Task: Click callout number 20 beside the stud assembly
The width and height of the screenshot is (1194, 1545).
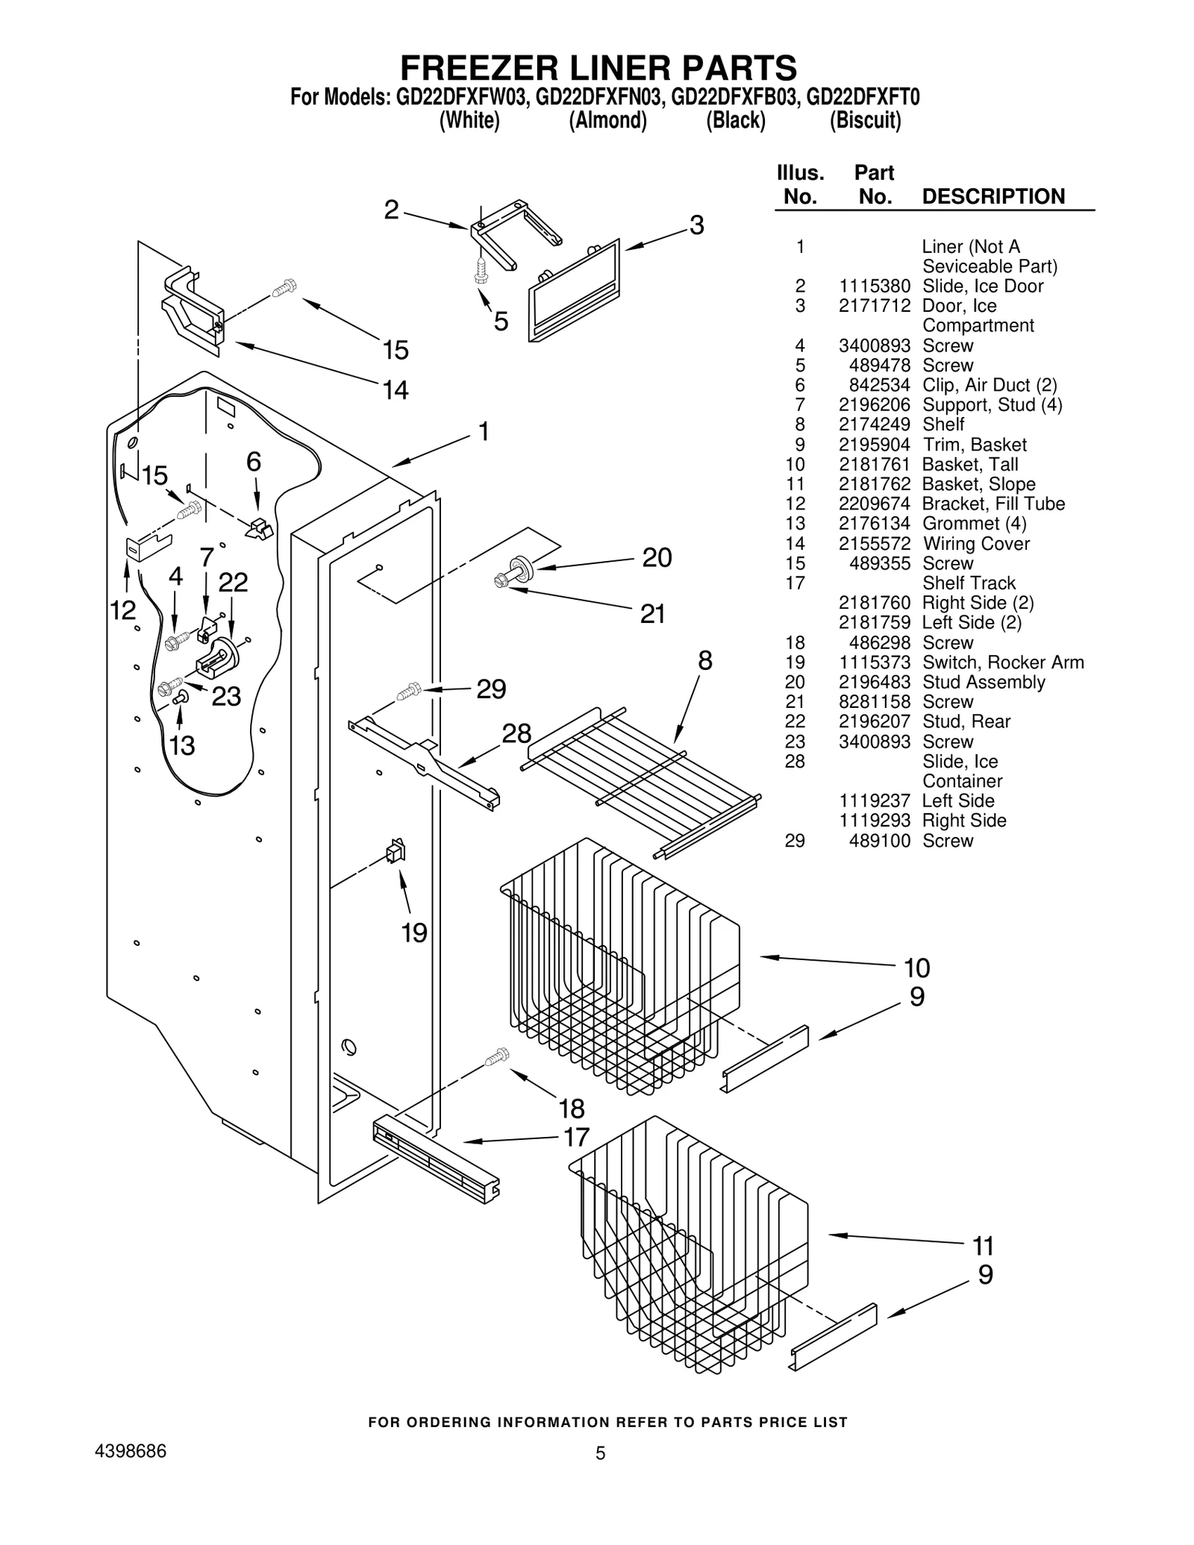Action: [x=657, y=557]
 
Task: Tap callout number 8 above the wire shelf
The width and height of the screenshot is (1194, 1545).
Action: [x=704, y=661]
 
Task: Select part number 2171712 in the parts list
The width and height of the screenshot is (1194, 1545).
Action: [x=874, y=306]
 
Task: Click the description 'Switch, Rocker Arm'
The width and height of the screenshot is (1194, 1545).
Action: [x=1002, y=662]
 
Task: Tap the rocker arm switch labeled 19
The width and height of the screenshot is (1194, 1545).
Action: [x=396, y=851]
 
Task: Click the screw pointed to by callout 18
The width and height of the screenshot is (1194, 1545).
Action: [x=496, y=1056]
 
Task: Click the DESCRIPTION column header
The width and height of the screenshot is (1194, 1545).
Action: [x=993, y=197]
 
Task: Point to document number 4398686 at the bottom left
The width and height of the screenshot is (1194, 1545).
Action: [x=131, y=1451]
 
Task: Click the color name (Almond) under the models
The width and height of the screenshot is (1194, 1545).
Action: [x=607, y=120]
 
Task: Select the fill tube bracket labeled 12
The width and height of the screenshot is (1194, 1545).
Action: [x=146, y=548]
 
